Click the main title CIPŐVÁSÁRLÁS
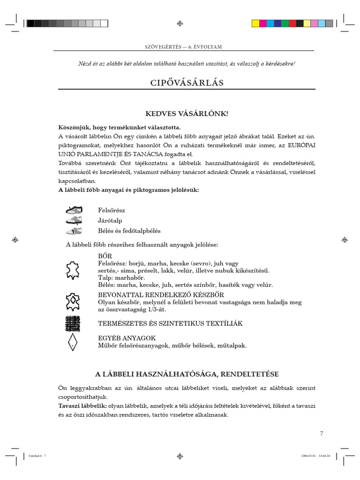coord(187,83)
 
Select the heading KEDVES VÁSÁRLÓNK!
coord(187,114)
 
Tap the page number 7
coord(322,433)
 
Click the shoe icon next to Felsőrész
coord(74,210)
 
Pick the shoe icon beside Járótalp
coord(74,220)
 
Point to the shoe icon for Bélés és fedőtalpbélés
coord(74,231)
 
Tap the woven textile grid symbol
coord(72,323)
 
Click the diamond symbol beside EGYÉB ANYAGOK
coord(72,342)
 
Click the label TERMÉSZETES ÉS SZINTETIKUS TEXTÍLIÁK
coord(170,324)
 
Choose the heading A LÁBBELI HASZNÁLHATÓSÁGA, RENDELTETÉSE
coord(187,374)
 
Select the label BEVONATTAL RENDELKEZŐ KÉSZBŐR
coord(161,295)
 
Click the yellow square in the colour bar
coord(255,23)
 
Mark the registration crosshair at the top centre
coord(180,23)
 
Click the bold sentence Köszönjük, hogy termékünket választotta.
coord(119,127)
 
